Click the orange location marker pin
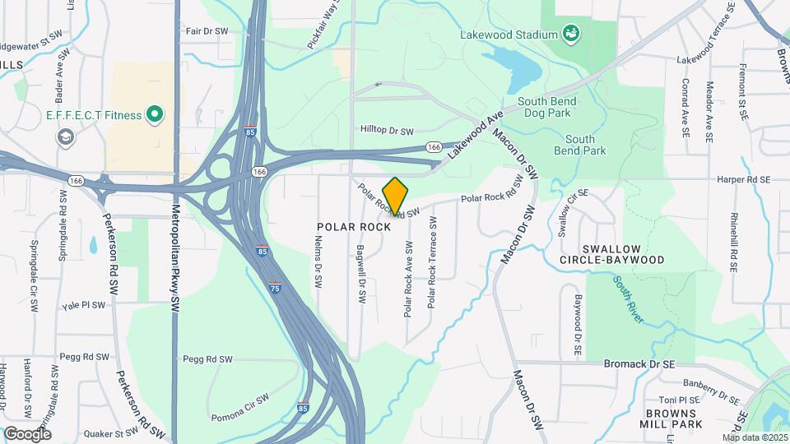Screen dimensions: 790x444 click(x=395, y=197)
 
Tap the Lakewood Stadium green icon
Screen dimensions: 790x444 click(x=569, y=34)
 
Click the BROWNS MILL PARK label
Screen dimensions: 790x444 click(x=673, y=419)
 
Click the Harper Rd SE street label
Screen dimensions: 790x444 click(x=742, y=179)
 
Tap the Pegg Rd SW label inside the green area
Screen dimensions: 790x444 click(x=203, y=359)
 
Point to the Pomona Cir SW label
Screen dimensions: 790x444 click(x=239, y=398)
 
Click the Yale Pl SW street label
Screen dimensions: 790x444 click(x=84, y=305)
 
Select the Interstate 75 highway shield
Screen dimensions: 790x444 click(x=274, y=288)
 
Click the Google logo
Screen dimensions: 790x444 click(x=27, y=433)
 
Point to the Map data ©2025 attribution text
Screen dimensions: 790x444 click(x=754, y=437)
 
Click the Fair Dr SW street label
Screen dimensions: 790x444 click(x=206, y=31)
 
